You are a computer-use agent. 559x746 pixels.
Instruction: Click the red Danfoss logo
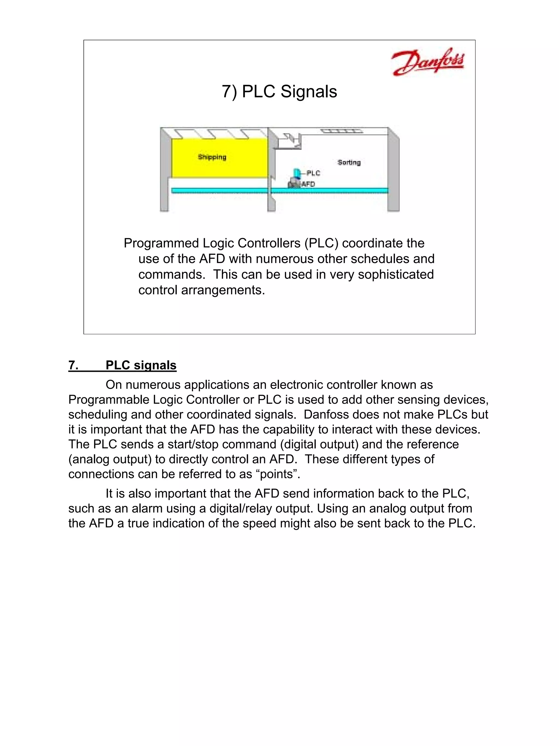[427, 62]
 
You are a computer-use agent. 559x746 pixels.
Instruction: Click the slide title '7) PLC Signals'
[279, 92]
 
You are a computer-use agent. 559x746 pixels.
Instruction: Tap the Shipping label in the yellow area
[212, 157]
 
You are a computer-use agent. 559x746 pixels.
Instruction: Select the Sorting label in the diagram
[349, 163]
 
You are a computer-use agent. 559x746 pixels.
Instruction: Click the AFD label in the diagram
[308, 184]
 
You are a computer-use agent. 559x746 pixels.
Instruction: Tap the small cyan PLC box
[296, 173]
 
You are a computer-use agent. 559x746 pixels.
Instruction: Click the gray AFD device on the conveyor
[293, 184]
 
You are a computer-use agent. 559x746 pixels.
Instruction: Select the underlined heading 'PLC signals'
[141, 365]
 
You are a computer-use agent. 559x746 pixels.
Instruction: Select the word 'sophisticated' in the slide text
[396, 275]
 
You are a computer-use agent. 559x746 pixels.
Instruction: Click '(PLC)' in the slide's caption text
[321, 243]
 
